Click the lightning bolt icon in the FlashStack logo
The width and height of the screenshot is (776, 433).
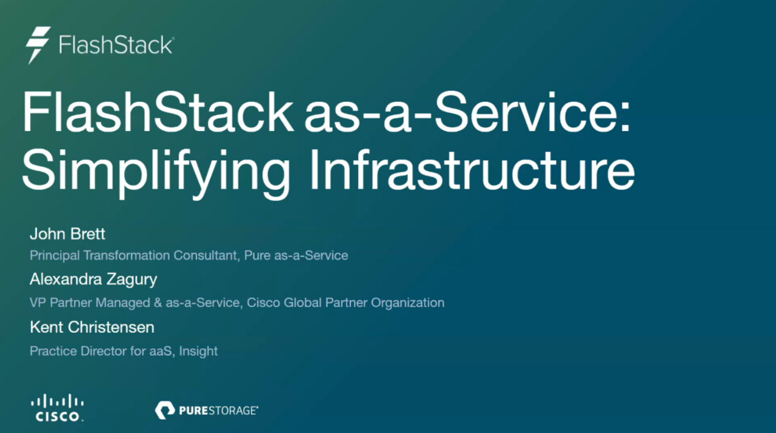point(38,45)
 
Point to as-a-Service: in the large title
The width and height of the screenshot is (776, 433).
point(467,112)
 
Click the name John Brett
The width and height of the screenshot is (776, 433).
point(67,234)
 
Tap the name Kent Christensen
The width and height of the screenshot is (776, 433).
point(92,327)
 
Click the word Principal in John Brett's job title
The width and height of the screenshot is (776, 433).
point(54,255)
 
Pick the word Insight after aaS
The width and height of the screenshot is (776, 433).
point(198,351)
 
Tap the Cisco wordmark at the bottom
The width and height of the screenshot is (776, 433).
point(58,417)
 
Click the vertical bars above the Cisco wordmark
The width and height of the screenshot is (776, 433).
point(58,401)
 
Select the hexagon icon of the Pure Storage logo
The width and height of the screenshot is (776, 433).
point(165,411)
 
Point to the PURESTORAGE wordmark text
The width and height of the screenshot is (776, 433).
point(218,411)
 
